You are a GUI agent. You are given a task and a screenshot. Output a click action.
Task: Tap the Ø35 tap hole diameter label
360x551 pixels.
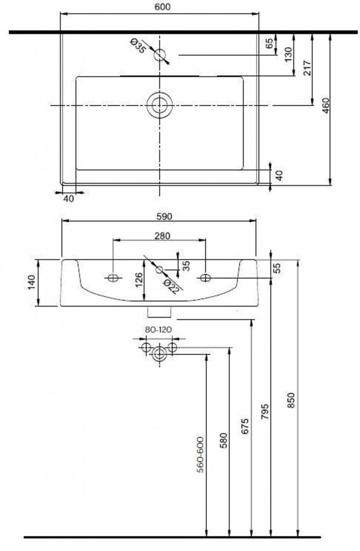pyautogui.click(x=137, y=46)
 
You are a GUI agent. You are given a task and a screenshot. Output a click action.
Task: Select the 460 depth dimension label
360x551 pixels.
pyautogui.click(x=326, y=105)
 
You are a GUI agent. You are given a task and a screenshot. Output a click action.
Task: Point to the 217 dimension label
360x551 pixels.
pyautogui.click(x=307, y=68)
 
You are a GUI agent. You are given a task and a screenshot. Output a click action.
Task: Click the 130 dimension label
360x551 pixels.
pyautogui.click(x=288, y=54)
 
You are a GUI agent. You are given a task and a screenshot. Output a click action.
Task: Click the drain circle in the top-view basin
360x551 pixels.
pyautogui.click(x=160, y=105)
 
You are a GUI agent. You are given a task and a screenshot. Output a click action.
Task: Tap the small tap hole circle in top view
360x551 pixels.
pyautogui.click(x=160, y=55)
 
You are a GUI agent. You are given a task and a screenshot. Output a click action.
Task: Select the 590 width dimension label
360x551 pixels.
pyautogui.click(x=164, y=216)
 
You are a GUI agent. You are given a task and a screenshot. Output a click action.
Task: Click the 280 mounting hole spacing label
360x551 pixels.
pyautogui.click(x=162, y=236)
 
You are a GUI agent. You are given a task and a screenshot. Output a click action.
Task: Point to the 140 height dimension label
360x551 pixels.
pyautogui.click(x=32, y=282)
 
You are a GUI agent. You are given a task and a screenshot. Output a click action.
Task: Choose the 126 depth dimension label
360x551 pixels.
pyautogui.click(x=138, y=280)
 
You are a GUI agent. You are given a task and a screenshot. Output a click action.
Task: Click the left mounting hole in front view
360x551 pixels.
pyautogui.click(x=113, y=278)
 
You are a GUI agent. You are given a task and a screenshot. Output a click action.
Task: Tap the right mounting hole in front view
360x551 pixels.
pyautogui.click(x=206, y=278)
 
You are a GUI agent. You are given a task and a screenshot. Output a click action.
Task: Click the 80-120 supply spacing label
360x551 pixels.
pyautogui.click(x=158, y=330)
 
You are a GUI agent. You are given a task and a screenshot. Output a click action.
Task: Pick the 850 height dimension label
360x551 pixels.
pyautogui.click(x=291, y=400)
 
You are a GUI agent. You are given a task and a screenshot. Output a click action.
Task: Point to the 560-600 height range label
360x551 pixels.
pyautogui.click(x=200, y=455)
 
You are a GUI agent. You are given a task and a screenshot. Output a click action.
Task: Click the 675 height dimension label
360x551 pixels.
pyautogui.click(x=245, y=426)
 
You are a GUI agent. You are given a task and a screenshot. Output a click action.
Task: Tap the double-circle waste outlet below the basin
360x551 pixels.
pyautogui.click(x=160, y=354)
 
